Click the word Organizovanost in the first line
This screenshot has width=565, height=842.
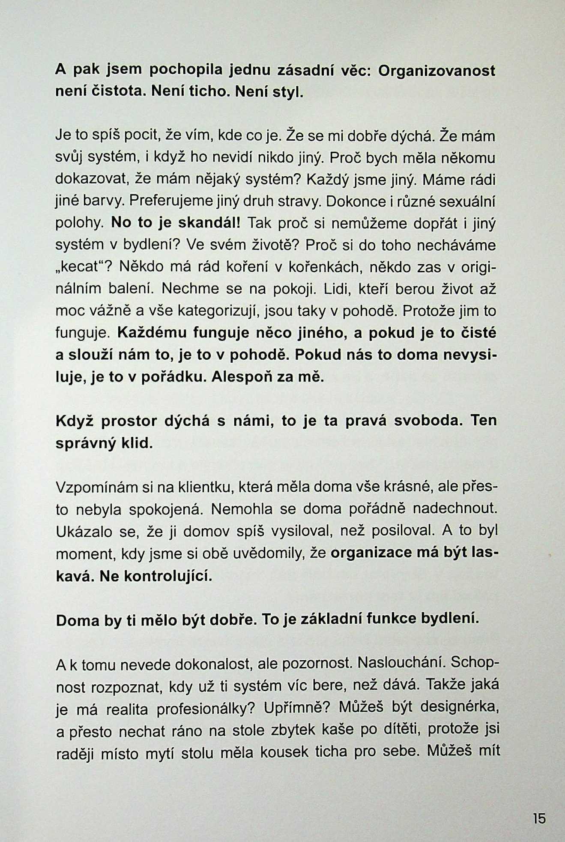[x=437, y=71]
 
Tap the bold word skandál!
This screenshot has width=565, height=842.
[x=210, y=223]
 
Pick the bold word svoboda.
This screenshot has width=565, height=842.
[x=428, y=421]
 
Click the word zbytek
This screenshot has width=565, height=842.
[x=295, y=730]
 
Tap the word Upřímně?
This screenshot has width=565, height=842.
[x=298, y=708]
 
